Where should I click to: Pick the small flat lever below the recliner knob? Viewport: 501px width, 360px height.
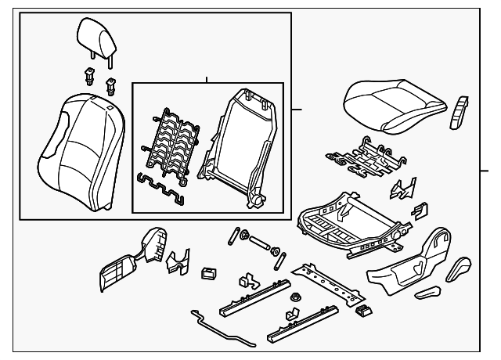(x=429, y=293)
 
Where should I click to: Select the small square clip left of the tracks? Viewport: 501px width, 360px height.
(x=209, y=273)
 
